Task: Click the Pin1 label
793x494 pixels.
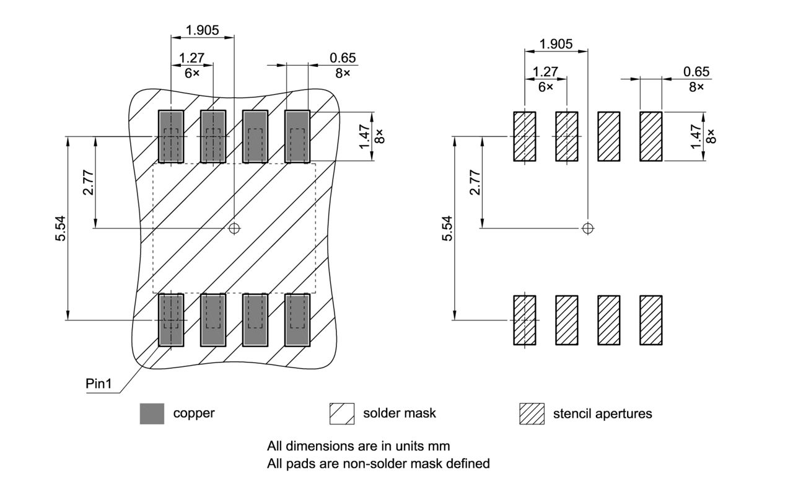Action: [99, 384]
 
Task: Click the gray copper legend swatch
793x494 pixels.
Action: [152, 413]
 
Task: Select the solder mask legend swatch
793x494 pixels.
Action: [341, 413]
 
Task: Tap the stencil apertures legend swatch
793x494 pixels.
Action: [532, 413]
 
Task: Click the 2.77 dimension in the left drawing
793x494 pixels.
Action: [89, 182]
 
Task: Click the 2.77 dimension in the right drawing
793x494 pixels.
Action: [475, 182]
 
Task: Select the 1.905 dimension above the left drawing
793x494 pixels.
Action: [203, 30]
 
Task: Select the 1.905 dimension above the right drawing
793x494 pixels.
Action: [556, 44]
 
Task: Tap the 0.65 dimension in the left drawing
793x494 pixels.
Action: [343, 58]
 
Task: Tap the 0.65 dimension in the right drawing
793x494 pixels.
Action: [696, 72]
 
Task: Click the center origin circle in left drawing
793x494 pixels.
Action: [234, 229]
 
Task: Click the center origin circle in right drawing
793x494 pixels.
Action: [588, 228]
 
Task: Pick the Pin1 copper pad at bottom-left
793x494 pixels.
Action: [171, 320]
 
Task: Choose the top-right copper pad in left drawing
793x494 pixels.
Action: [297, 136]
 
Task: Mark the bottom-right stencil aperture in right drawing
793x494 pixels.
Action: [651, 320]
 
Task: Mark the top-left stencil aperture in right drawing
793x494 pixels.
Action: [525, 136]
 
